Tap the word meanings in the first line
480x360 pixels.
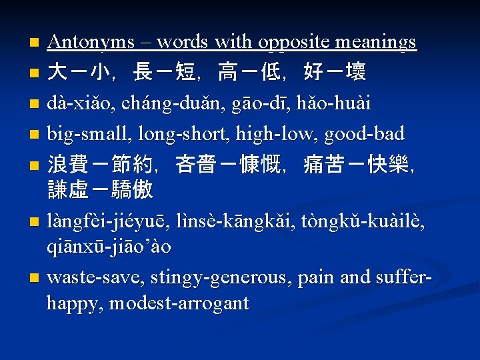[x=377, y=43]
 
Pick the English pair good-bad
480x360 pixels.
[x=364, y=134]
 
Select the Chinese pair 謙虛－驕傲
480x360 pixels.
[x=101, y=191]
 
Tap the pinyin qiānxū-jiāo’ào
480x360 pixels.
[x=109, y=247]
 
